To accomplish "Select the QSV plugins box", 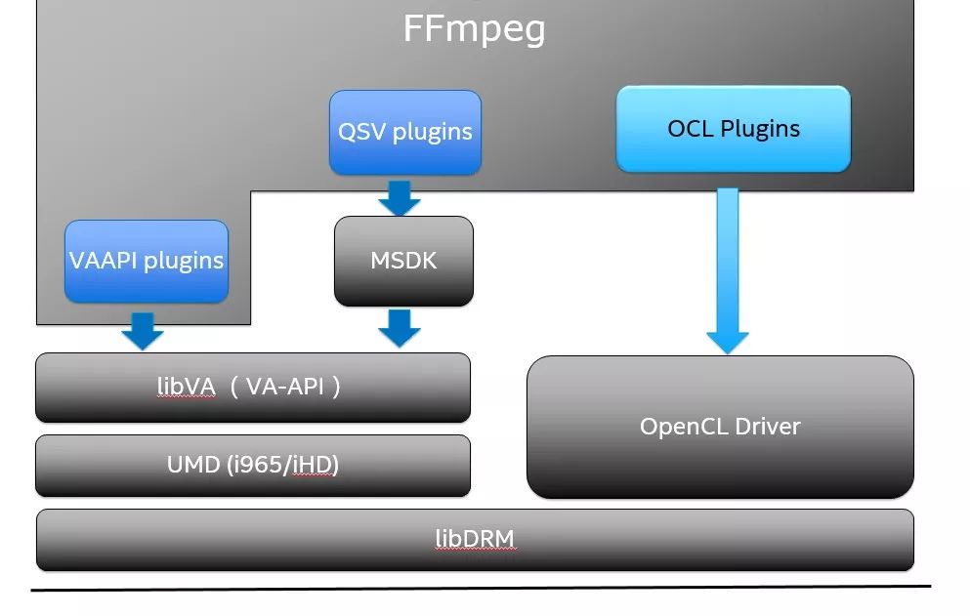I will click(404, 133).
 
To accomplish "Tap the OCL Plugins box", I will click(733, 129).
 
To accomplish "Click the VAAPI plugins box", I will click(147, 261).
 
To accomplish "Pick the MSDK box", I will click(403, 261).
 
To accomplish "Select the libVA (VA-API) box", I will click(252, 388).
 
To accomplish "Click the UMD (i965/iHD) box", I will click(252, 466).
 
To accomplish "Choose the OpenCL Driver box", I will click(720, 427).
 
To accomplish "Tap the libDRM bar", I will click(475, 539).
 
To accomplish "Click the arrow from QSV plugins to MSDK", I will click(399, 197).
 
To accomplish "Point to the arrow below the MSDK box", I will click(399, 328).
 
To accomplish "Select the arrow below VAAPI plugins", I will click(143, 331).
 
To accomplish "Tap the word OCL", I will click(689, 129).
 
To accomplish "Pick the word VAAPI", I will click(100, 261).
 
